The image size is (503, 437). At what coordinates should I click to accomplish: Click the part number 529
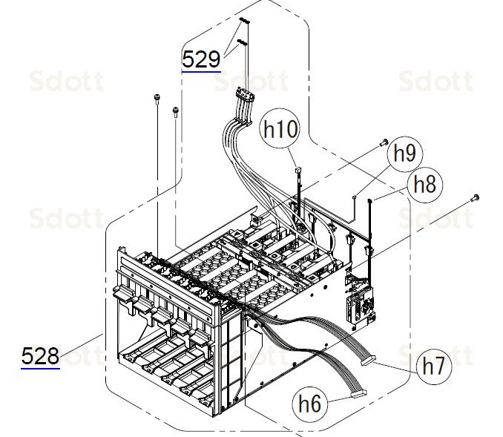(202, 59)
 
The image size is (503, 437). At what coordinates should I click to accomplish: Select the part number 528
(40, 356)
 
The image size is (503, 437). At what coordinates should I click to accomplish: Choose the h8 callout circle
(424, 184)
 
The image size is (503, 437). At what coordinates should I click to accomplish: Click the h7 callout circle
(435, 365)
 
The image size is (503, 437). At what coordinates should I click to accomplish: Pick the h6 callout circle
(312, 404)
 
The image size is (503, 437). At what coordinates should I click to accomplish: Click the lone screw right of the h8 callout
(475, 197)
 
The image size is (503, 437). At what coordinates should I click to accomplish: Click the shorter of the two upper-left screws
(175, 111)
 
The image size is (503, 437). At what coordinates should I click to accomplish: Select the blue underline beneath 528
(40, 369)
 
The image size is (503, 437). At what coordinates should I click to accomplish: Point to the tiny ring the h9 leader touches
(355, 197)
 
